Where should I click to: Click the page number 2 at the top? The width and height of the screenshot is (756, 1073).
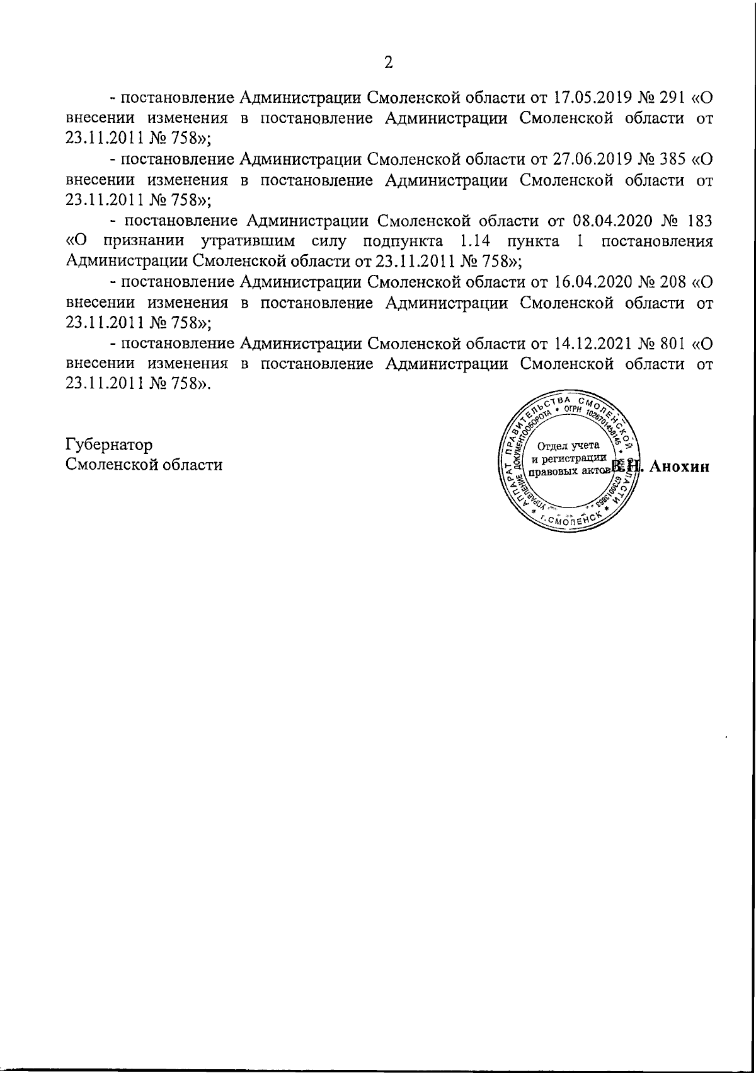388,62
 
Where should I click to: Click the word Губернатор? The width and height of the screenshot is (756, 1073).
109,444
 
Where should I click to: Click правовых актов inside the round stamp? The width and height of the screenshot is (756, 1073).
569,470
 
